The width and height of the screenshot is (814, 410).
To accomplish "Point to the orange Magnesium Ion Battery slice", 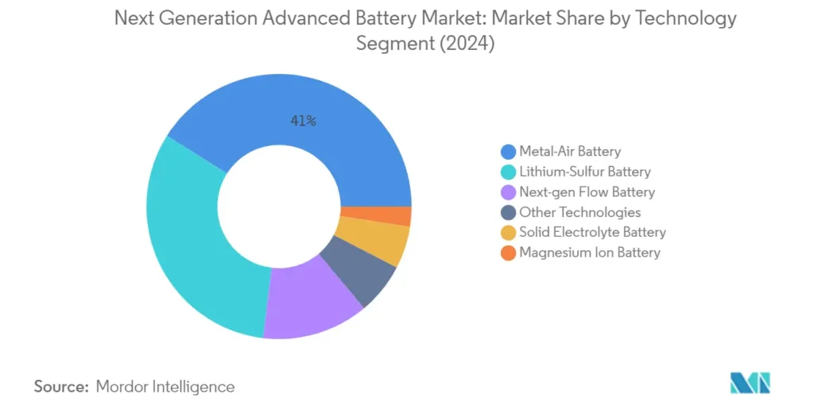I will (395, 216).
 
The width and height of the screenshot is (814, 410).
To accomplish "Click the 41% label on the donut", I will (303, 121).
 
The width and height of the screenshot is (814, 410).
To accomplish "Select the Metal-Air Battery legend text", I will (570, 151).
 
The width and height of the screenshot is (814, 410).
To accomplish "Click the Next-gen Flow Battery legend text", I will (587, 191).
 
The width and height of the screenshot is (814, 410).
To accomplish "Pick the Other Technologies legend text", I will (579, 212).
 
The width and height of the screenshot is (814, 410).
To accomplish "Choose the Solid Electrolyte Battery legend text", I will (592, 233).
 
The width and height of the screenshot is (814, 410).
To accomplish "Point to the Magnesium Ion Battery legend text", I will (590, 253).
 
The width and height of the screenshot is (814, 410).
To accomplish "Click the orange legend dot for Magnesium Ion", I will (507, 253).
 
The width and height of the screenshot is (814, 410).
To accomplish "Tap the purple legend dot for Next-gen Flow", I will (507, 191).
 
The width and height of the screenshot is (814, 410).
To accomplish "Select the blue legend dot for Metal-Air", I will (507, 151).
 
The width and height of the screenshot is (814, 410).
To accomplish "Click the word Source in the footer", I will (60, 387).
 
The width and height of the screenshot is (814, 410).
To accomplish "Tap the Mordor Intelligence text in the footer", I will (165, 387).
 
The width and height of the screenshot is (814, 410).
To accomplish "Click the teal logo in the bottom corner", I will (750, 383).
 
